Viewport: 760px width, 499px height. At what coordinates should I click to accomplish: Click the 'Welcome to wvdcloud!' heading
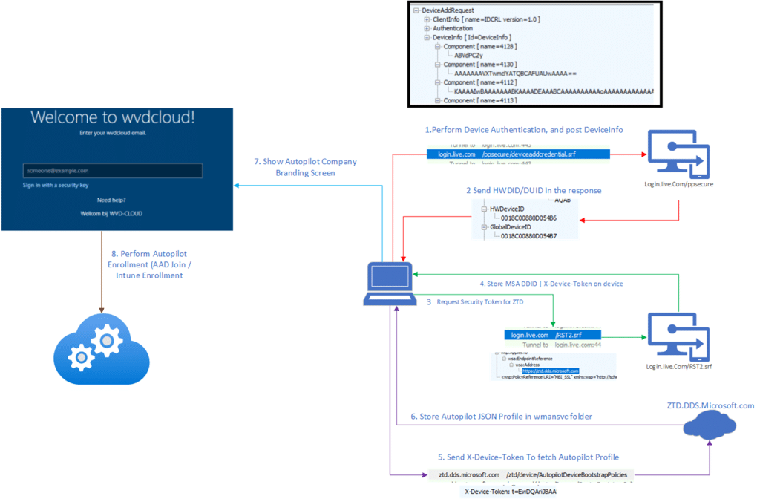(113, 117)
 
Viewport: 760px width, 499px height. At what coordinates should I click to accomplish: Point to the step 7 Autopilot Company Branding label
(304, 167)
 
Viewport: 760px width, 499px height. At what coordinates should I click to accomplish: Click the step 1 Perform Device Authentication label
(523, 130)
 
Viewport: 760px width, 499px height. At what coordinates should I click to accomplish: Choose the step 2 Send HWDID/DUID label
(534, 191)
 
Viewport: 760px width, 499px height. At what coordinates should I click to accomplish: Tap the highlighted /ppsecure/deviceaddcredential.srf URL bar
(519, 154)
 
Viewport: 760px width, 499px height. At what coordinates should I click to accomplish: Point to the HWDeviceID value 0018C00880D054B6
(528, 218)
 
